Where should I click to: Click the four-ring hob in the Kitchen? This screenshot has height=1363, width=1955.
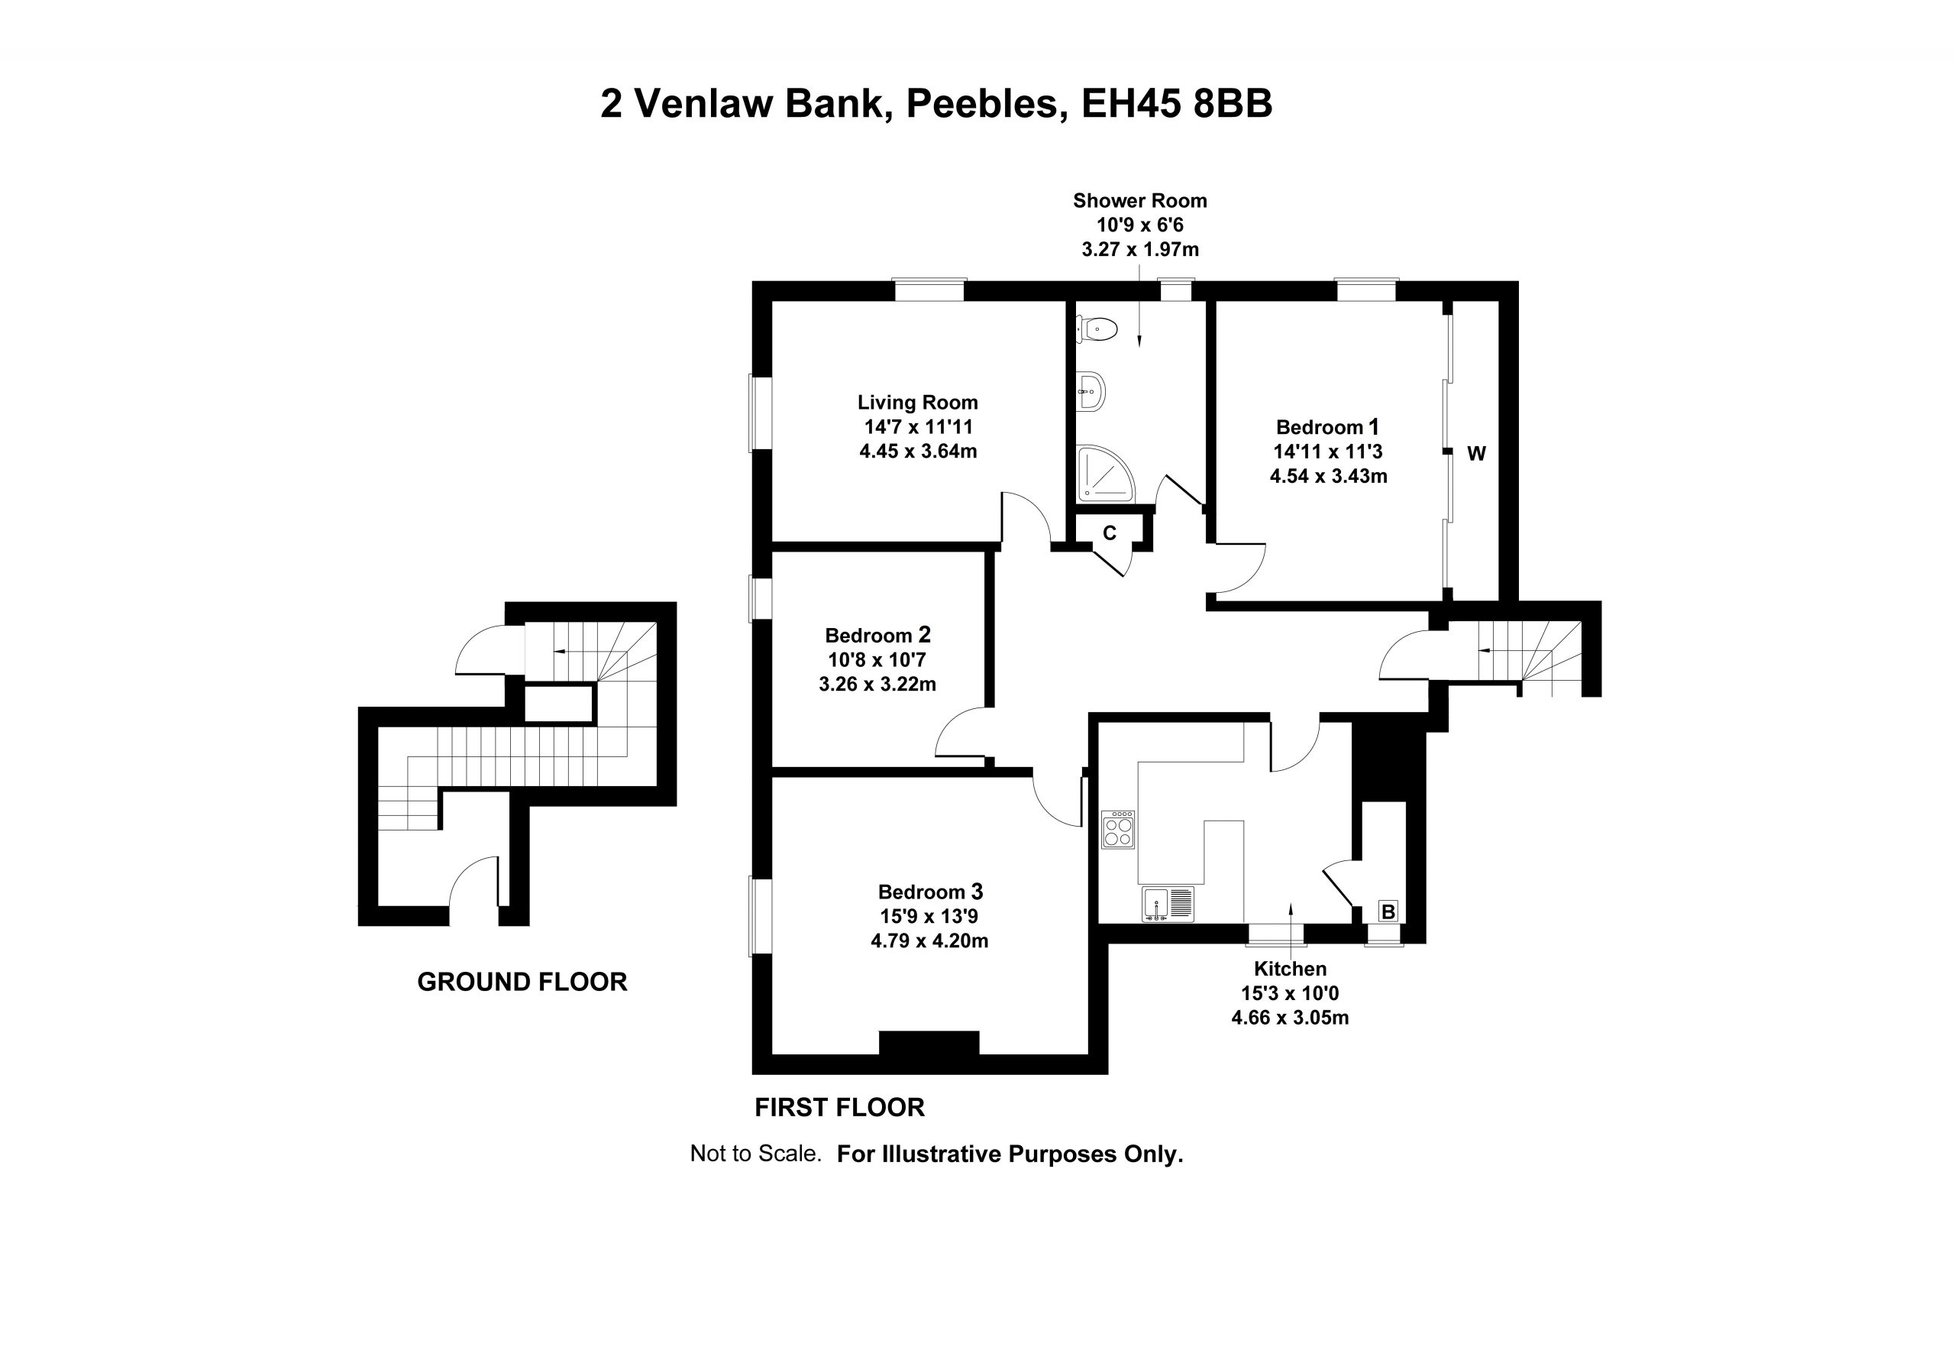tap(1118, 829)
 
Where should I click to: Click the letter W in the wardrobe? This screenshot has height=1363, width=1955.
tap(1476, 454)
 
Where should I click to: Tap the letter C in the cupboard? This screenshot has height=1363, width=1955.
tap(1110, 533)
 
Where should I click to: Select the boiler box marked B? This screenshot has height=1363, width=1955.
tap(1388, 911)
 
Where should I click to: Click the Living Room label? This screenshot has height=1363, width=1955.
tap(918, 402)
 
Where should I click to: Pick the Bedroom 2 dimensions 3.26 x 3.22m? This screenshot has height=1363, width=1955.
tap(878, 684)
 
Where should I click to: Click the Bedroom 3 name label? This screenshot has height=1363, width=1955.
tap(931, 892)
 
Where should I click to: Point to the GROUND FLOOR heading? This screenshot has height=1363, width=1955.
tap(522, 983)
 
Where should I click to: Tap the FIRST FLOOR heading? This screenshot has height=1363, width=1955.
tap(839, 1108)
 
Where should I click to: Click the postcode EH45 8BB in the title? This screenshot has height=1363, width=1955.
tap(1177, 104)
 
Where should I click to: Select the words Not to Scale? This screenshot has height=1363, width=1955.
tap(755, 1154)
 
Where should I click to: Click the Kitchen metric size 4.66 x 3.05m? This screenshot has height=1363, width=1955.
tap(1290, 1017)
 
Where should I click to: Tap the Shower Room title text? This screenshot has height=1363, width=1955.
tap(1140, 201)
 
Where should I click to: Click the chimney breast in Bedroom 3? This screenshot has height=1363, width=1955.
tap(929, 1043)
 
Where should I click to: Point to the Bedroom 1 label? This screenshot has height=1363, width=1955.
tap(1328, 427)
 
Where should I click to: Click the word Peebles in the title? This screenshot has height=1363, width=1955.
tap(986, 104)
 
